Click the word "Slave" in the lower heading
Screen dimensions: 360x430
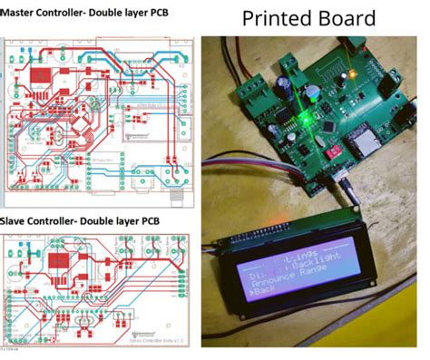click(x=17, y=221)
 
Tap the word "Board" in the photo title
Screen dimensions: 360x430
click(x=344, y=18)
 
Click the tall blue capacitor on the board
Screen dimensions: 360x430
click(x=287, y=83)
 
